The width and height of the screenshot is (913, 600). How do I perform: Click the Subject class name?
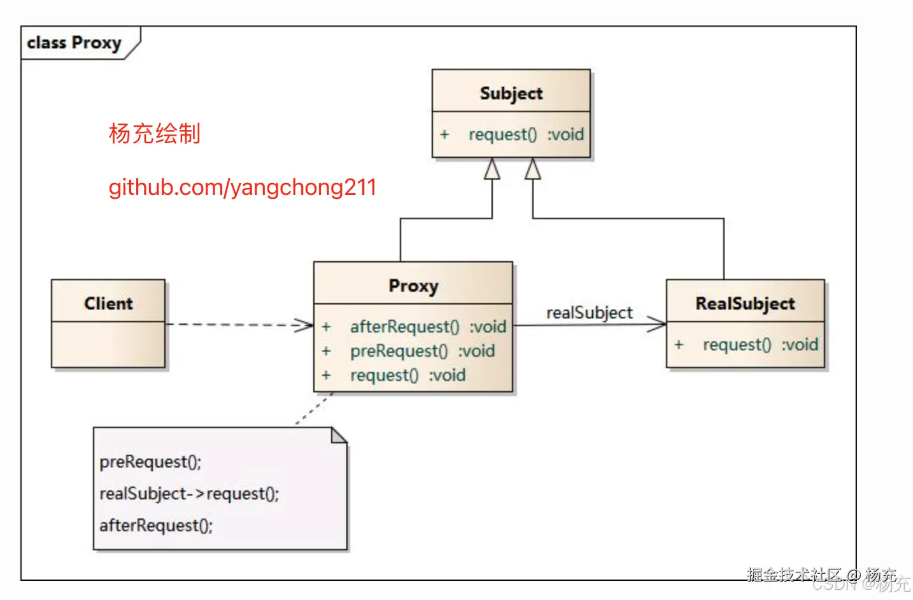point(511,94)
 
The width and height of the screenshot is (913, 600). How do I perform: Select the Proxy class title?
point(413,286)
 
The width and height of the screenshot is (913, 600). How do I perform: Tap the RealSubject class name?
point(745,303)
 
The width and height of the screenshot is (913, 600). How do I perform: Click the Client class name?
point(108,303)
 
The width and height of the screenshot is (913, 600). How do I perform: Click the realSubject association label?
point(590,313)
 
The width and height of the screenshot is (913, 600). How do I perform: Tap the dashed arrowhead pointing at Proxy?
point(304,325)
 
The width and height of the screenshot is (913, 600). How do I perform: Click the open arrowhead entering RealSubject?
point(656,324)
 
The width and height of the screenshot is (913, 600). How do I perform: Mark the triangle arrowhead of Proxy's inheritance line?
point(492,169)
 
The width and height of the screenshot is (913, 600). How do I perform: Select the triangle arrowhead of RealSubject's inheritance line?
point(533,169)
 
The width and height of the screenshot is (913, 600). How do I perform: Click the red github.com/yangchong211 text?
point(243,188)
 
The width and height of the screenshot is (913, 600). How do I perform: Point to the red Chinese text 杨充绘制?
point(155,133)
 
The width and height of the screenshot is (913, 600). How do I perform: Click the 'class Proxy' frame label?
point(74,43)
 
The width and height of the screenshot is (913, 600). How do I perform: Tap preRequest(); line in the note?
point(150,462)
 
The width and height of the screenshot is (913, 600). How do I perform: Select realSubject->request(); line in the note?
point(189,494)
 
